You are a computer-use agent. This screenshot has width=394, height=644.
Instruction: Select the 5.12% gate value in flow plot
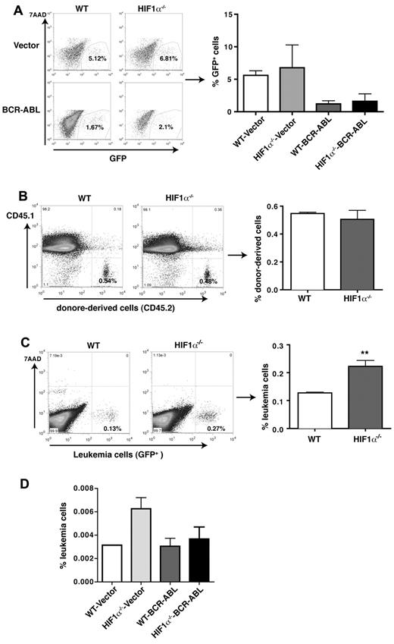(x=100, y=58)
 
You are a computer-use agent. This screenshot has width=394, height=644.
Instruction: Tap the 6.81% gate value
(x=161, y=58)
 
